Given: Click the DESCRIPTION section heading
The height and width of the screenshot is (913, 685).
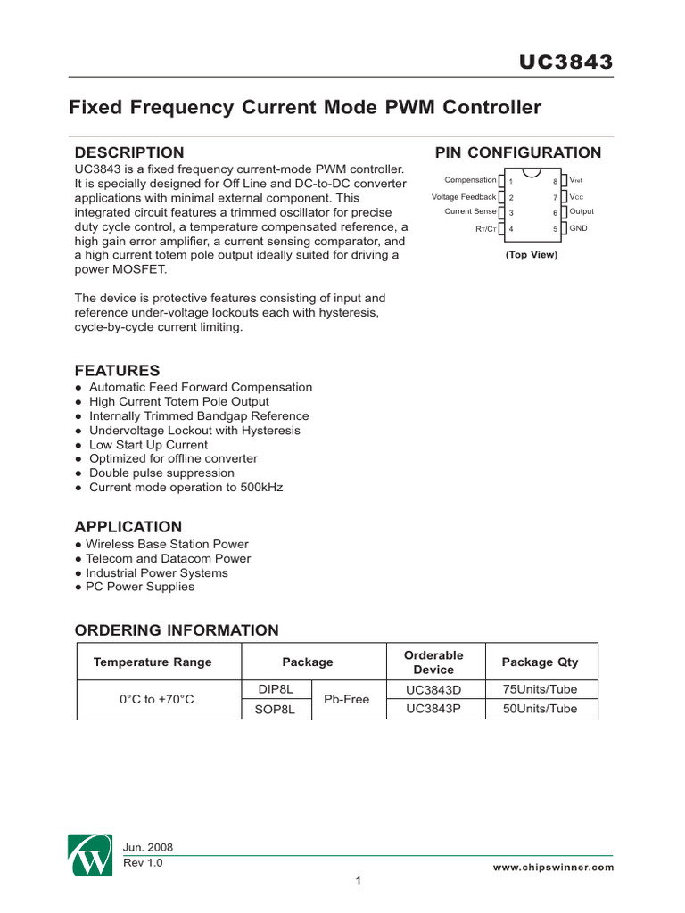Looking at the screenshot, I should coord(129,152).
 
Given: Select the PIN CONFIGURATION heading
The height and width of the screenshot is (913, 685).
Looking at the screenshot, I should coord(517,152).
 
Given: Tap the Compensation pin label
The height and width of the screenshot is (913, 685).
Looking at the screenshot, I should coord(470,180).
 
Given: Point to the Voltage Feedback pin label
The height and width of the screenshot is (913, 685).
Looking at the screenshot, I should coord(464,196).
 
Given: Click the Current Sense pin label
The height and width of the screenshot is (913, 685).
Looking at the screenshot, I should coord(470,211).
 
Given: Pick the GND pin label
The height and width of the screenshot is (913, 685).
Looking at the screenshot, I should coord(578,228).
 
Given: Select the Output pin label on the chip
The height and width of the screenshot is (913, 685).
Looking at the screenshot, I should coord(582,211).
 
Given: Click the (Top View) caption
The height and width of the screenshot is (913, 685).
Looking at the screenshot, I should coord(532,255).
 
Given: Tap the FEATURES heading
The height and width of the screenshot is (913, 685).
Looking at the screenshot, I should coord(117,370).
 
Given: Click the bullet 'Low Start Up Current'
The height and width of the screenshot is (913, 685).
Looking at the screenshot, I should coord(148,445).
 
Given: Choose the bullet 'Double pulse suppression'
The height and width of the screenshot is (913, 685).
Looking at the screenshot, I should coord(161,473).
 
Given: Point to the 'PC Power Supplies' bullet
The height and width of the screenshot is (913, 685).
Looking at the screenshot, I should coord(139,588).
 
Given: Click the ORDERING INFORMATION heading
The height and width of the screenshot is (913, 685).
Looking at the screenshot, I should coord(177,630).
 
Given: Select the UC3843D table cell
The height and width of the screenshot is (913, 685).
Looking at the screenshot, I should coord(433,690).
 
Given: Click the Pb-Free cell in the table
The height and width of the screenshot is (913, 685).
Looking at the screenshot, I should coord(346,700).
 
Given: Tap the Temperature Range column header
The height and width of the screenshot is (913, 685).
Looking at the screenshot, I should coord(153,662).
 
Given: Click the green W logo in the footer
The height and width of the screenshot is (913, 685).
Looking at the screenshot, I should coord(90,856).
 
